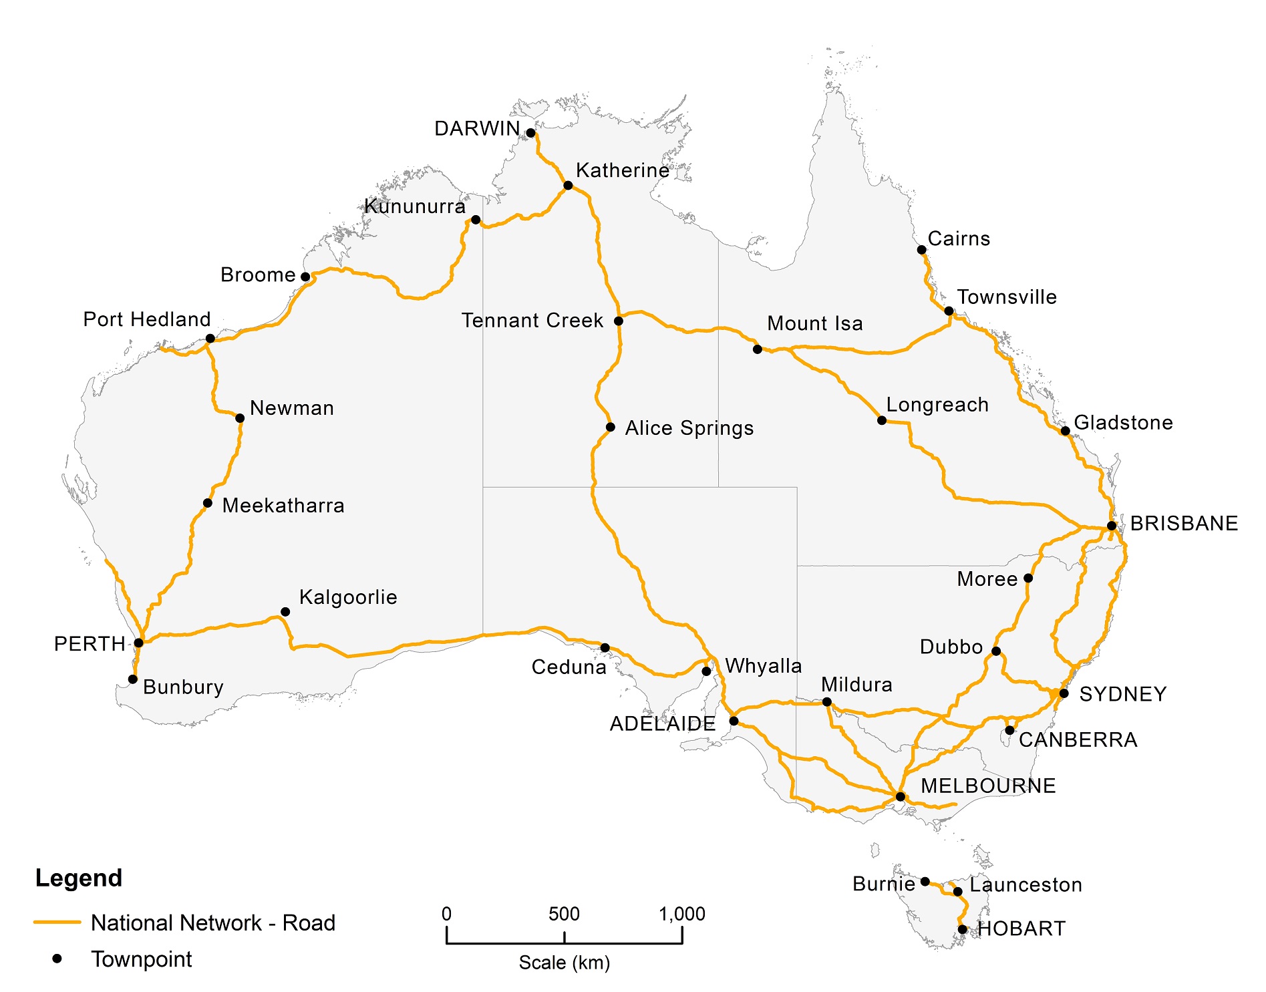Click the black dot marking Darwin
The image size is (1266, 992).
click(530, 133)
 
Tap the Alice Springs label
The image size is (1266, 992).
click(689, 428)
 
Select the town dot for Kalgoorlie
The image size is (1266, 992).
click(285, 612)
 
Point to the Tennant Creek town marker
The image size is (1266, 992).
click(619, 321)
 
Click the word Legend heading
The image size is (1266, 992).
click(79, 878)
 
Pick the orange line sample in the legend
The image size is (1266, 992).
click(57, 923)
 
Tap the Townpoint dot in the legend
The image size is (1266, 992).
click(57, 959)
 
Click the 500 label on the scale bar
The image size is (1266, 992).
click(564, 914)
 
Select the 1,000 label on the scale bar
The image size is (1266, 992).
click(681, 914)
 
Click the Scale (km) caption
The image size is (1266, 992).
click(565, 963)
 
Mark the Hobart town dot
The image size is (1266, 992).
click(962, 929)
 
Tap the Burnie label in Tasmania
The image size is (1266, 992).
click(883, 884)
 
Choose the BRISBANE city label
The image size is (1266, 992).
click(1184, 524)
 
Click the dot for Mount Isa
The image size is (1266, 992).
click(757, 349)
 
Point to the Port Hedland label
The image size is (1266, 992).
click(147, 319)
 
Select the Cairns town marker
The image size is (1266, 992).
click(921, 250)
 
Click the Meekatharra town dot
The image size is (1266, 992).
click(208, 503)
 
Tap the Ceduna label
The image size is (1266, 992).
click(569, 667)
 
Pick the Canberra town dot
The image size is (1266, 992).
click(1009, 730)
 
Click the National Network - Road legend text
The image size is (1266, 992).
click(212, 923)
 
